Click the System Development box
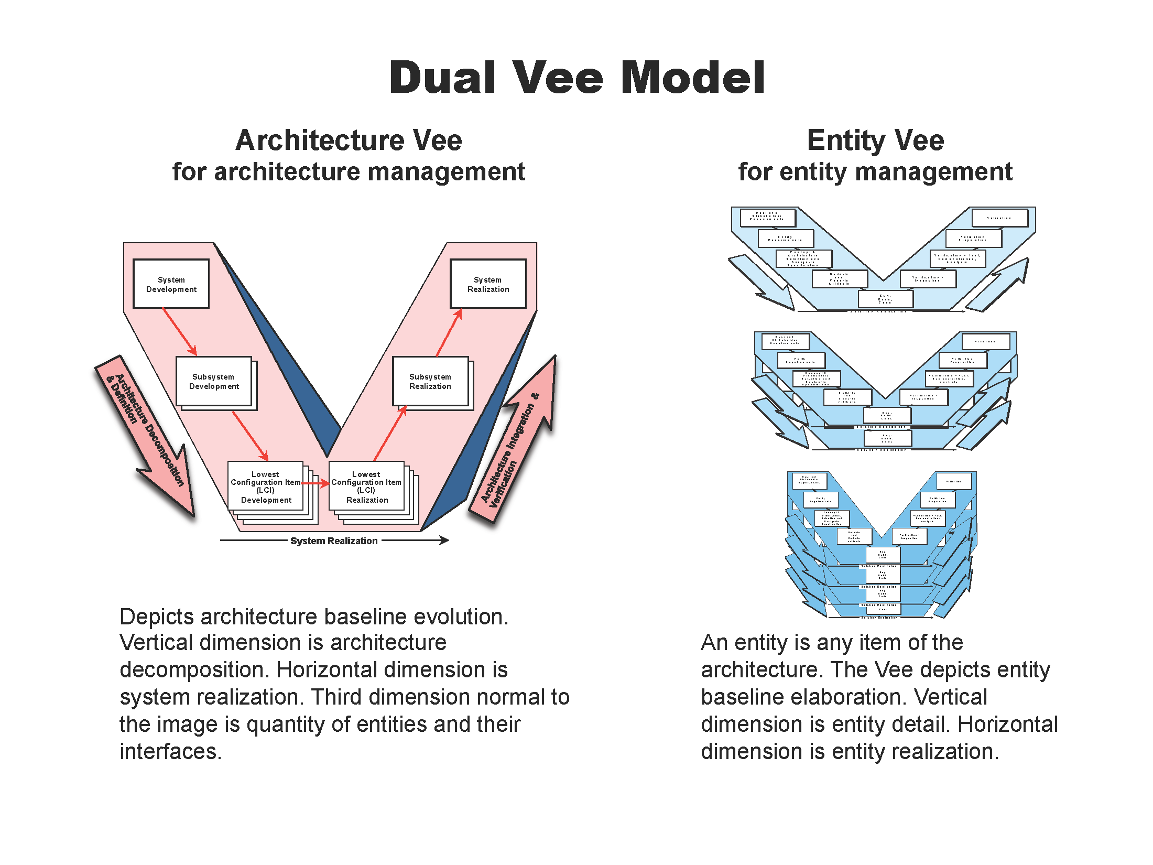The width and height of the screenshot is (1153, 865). coord(171,284)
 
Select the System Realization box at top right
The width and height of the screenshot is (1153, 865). coord(488,284)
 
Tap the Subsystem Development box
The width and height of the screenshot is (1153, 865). coord(214,381)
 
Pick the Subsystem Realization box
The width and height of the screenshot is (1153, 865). coord(430,381)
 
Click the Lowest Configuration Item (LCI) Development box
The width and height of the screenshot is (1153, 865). coord(265,486)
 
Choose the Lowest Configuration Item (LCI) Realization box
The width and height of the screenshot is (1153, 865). coord(366,486)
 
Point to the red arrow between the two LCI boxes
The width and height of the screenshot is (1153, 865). coord(316,483)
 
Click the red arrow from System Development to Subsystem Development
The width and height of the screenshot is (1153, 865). coord(180,331)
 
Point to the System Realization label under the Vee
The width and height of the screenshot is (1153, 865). coord(334,540)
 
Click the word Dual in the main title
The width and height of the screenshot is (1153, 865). coord(442,78)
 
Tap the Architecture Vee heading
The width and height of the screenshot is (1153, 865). coord(349,140)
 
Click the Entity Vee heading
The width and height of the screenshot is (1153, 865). coord(875,140)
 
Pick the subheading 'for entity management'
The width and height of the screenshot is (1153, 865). coord(875,171)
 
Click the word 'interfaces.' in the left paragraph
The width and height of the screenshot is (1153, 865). coord(171,751)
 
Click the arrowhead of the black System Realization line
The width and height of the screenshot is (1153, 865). coord(444,540)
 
